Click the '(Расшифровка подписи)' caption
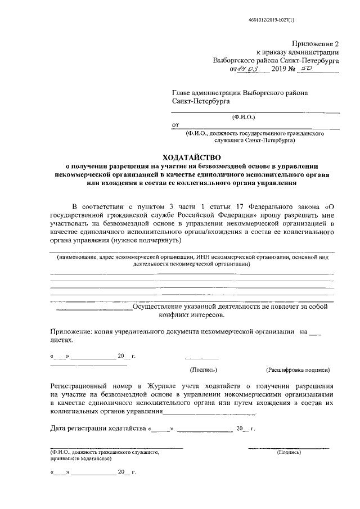click(x=298, y=370)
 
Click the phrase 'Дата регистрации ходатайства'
click(x=98, y=429)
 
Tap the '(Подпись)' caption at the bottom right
click(x=289, y=452)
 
